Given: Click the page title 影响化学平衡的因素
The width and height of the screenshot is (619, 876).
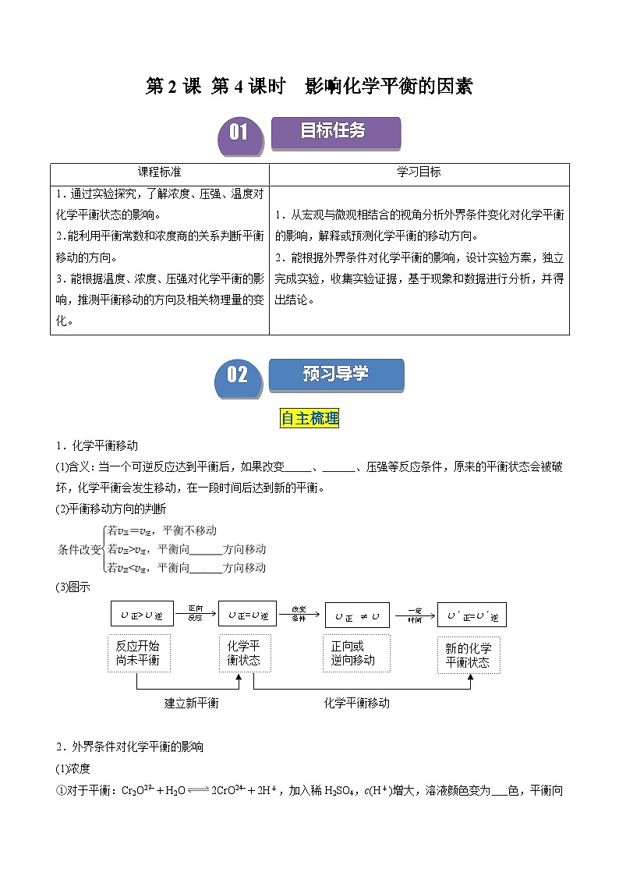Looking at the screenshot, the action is pos(309,87).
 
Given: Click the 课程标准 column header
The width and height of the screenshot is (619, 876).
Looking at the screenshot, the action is pos(159,172).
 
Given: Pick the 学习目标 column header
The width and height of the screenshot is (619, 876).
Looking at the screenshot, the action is pos(419,172).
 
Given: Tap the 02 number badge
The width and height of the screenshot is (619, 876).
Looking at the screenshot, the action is pos(238,375).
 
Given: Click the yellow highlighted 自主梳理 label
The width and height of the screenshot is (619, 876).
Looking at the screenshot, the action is pos(309,419).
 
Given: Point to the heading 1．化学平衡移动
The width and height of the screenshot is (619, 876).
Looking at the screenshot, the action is pos(97,445).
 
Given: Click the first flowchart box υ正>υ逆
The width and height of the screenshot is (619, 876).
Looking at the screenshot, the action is pos(137,615).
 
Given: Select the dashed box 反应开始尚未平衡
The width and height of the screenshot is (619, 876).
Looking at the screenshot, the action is pos(137,654).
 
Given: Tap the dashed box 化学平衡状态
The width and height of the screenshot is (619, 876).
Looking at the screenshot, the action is pos(244,654).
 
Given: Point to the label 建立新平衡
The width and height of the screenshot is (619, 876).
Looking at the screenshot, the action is pos(191,703).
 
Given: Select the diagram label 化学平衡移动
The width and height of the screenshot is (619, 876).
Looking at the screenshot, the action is pos(356,703).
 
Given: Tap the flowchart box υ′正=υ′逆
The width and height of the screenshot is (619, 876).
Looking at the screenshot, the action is pos(472,615).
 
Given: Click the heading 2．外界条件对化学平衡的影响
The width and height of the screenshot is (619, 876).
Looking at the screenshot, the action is pos(129,747).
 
